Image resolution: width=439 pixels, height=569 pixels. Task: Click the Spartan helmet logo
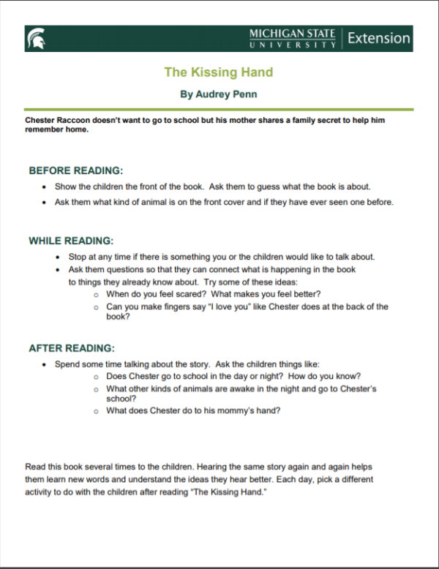click(x=35, y=39)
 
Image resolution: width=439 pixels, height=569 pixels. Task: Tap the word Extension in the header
click(x=378, y=38)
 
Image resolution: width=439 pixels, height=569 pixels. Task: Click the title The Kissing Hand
click(x=218, y=72)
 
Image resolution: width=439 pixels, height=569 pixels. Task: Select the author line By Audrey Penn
click(x=218, y=94)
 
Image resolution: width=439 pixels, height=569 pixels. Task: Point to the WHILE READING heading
click(x=71, y=241)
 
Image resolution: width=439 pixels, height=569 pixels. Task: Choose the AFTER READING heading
click(x=72, y=348)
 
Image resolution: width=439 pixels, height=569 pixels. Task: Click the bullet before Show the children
click(x=45, y=186)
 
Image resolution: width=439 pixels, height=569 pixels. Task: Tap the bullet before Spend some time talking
click(x=45, y=364)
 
